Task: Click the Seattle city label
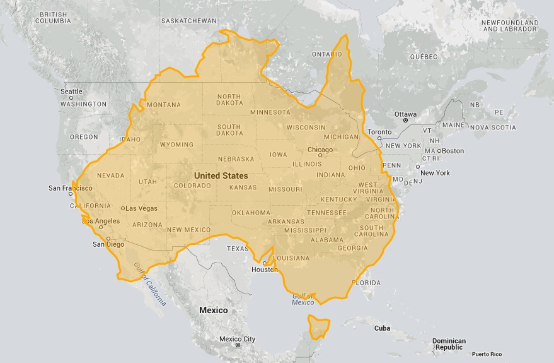pos(71,92)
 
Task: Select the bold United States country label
pos(221,176)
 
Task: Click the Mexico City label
pos(237,339)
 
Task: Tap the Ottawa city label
pos(405,114)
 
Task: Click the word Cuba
pos(382,328)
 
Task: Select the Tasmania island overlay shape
pos(318,327)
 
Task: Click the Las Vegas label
pos(142,208)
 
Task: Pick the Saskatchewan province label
pos(188,21)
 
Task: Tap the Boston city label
pos(453,151)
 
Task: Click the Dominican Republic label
pos(449,344)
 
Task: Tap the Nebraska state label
pos(236,159)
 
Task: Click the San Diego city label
pos(108,244)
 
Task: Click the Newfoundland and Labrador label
pos(509,26)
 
